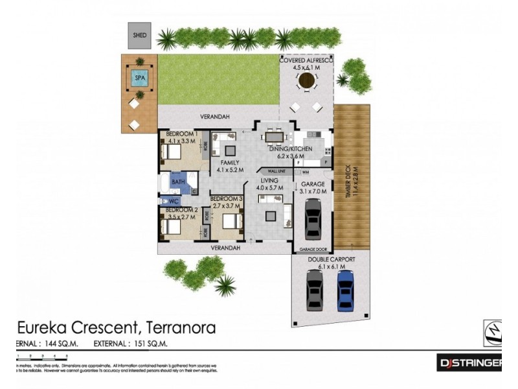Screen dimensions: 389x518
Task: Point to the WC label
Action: tap(173, 202)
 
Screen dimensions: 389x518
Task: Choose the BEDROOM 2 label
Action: tap(181, 210)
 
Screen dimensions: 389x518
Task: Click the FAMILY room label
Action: tap(230, 163)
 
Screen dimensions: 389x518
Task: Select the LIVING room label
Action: tap(270, 181)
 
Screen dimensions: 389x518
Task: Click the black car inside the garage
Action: tap(313, 218)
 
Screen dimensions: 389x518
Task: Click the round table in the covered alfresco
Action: tap(306, 80)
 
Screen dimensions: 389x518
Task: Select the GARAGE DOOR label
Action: tap(312, 249)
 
